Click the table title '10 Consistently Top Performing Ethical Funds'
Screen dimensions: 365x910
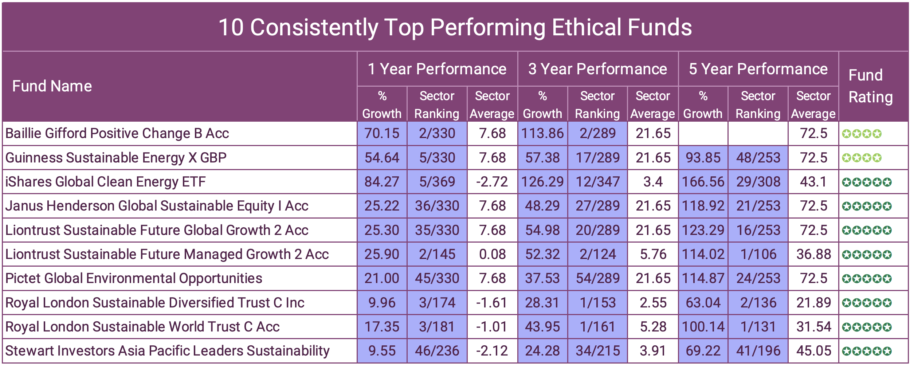[455, 27]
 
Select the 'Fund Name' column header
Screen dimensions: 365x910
[52, 86]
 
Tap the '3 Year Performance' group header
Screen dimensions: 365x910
[597, 69]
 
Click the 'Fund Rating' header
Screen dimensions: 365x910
[870, 86]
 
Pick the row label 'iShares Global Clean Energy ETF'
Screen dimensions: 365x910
[106, 182]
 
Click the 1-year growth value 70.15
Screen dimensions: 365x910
[382, 134]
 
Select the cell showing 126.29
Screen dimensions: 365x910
[542, 182]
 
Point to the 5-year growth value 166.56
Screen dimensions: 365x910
[703, 182]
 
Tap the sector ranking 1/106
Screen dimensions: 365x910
[758, 254]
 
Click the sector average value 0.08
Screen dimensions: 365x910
[492, 254]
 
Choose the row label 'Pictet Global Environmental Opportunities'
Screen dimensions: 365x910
[134, 279]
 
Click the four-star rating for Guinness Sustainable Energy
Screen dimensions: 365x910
[862, 158]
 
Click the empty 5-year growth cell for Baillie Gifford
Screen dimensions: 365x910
[703, 134]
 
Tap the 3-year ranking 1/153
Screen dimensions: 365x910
[597, 303]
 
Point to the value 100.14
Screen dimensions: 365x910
[703, 327]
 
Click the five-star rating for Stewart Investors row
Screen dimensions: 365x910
[867, 351]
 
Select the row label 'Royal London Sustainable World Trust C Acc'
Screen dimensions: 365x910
[142, 327]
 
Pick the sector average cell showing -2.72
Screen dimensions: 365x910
[492, 182]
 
